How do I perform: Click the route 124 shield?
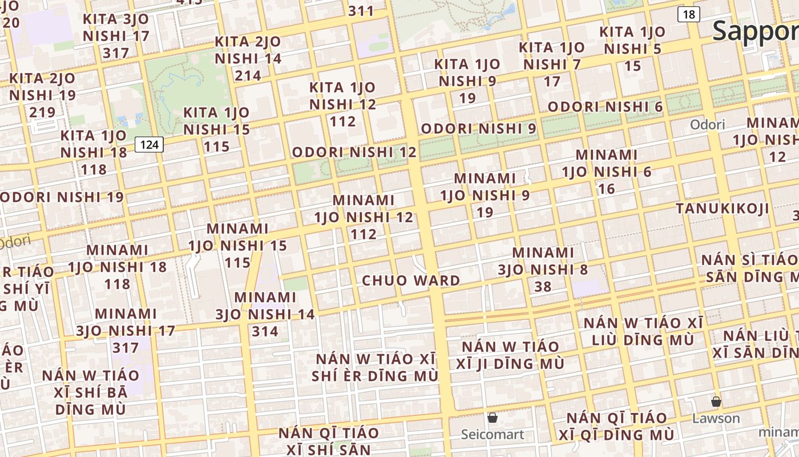click(x=149, y=145)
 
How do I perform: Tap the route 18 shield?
click(x=689, y=14)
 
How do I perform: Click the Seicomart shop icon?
click(x=493, y=418)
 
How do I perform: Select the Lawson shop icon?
click(x=716, y=401)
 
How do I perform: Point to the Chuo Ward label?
click(x=411, y=280)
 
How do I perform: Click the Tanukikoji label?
click(x=723, y=209)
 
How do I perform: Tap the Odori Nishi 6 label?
click(x=605, y=107)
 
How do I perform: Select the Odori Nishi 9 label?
click(x=478, y=129)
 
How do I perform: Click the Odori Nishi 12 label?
click(x=354, y=153)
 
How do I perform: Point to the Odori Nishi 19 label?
click(x=62, y=197)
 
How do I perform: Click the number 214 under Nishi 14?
click(x=248, y=75)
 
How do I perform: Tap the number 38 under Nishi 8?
click(x=543, y=287)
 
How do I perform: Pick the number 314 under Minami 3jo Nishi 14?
click(x=265, y=331)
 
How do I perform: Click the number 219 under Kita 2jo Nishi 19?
click(x=42, y=112)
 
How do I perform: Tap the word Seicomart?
click(x=493, y=435)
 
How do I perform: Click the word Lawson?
click(x=716, y=418)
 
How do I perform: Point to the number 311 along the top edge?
click(x=361, y=11)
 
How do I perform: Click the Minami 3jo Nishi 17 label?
click(x=126, y=330)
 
